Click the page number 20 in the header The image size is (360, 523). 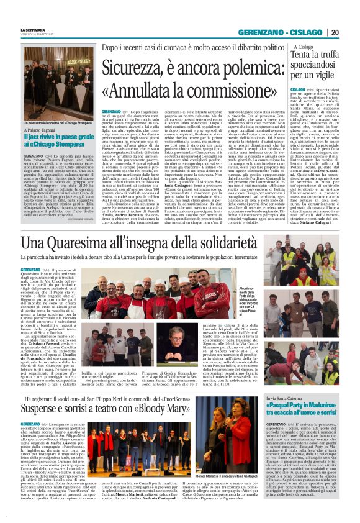pyautogui.click(x=335, y=32)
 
